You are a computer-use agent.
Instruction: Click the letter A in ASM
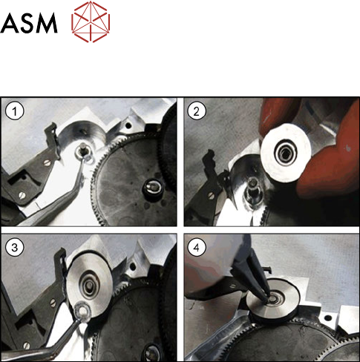(x=9, y=23)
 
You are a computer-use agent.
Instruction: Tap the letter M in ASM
(x=45, y=23)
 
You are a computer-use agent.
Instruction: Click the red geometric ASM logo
(x=91, y=22)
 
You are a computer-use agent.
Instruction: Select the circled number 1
(x=15, y=111)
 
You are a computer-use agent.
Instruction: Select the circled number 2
(x=197, y=111)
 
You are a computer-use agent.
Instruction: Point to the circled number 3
(x=15, y=248)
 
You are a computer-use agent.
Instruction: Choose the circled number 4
(x=197, y=248)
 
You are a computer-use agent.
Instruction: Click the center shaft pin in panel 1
(x=82, y=149)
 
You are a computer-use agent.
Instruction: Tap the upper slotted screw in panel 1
(x=47, y=162)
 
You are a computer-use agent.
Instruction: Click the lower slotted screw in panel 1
(x=22, y=195)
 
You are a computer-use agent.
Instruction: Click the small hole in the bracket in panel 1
(x=128, y=125)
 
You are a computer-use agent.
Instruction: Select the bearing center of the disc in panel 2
(x=286, y=154)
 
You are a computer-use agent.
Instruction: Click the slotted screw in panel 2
(x=211, y=195)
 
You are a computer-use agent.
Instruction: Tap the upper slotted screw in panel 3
(x=53, y=303)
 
